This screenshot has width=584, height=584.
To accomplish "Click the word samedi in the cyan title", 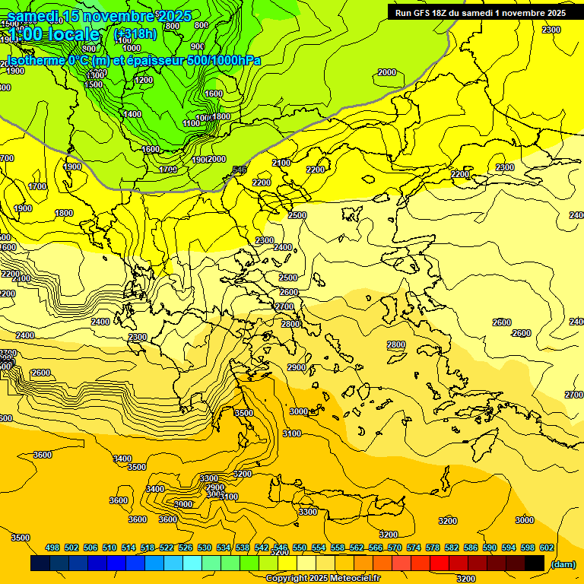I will pyautogui.click(x=33, y=16).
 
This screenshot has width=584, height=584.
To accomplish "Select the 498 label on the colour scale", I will pyautogui.click(x=52, y=547).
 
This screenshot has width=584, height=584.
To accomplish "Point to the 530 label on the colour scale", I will pyautogui.click(x=205, y=547).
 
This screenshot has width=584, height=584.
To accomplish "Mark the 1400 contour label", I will pyautogui.click(x=132, y=114).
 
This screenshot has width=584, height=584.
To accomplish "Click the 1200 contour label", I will pyautogui.click(x=143, y=80).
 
